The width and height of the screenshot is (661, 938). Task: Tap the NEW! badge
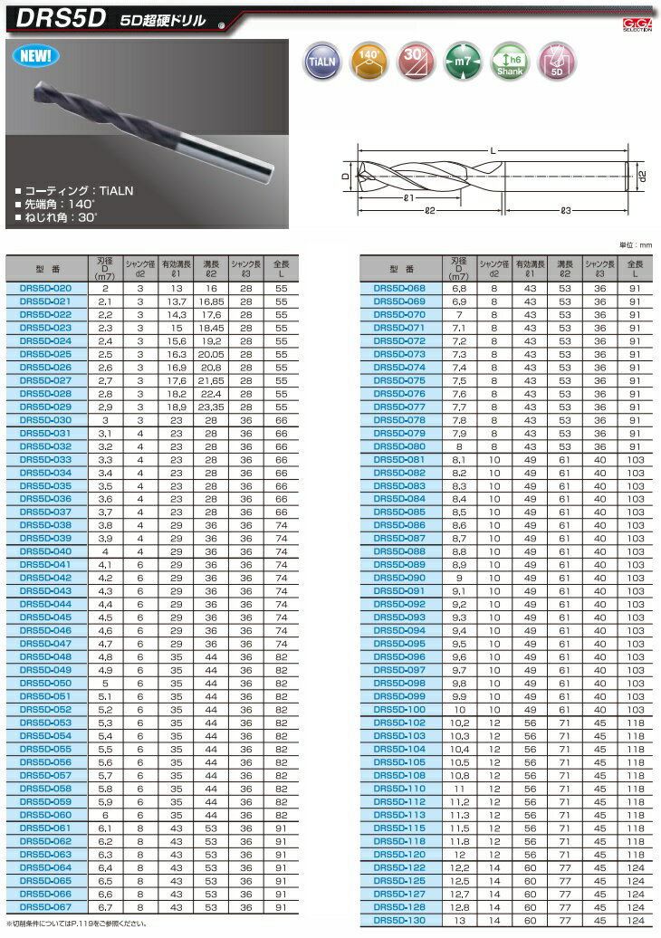pyautogui.click(x=36, y=56)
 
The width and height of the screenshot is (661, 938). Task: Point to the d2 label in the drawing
pyautogui.click(x=641, y=175)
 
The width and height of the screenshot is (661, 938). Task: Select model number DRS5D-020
pyautogui.click(x=45, y=288)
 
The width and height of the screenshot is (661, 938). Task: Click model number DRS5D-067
pyautogui.click(x=45, y=907)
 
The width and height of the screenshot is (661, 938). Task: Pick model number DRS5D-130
pyautogui.click(x=399, y=921)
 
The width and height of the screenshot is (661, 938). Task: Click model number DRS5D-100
pyautogui.click(x=399, y=710)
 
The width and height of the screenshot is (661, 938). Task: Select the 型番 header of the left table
pyautogui.click(x=45, y=269)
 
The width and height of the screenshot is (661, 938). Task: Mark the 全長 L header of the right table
pyautogui.click(x=635, y=269)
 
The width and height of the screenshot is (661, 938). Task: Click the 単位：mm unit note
pyautogui.click(x=637, y=244)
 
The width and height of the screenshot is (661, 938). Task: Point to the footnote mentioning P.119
pyautogui.click(x=77, y=924)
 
